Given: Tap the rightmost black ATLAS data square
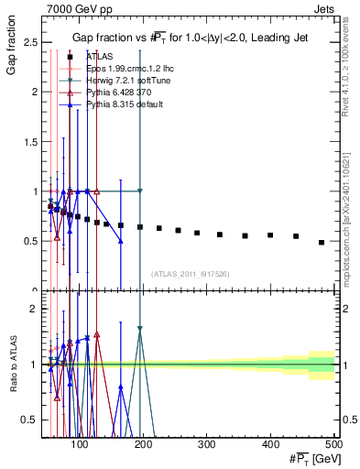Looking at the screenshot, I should tap(322, 243).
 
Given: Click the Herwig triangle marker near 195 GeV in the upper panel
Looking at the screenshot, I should tap(140, 191).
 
